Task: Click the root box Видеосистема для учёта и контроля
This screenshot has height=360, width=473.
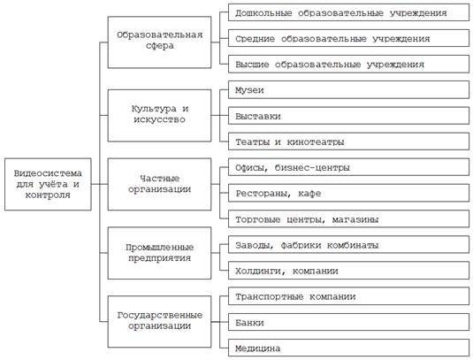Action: click(x=48, y=184)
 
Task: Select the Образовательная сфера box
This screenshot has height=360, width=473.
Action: click(x=159, y=42)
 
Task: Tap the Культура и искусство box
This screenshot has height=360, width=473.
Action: click(x=159, y=115)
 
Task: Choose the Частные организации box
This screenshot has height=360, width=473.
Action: click(x=159, y=184)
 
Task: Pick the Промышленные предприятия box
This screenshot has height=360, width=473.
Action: click(x=159, y=253)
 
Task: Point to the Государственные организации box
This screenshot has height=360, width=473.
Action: click(x=159, y=321)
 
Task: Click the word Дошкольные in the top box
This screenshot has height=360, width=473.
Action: click(x=263, y=13)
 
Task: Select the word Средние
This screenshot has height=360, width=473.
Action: click(x=255, y=39)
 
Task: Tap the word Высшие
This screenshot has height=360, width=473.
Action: click(x=252, y=65)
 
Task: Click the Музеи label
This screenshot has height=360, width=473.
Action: click(x=249, y=90)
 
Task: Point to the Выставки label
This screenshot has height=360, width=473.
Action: click(x=258, y=116)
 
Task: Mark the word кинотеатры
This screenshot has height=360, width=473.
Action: click(x=316, y=142)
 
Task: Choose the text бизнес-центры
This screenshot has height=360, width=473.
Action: click(x=312, y=167)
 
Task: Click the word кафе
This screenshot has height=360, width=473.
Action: click(x=309, y=194)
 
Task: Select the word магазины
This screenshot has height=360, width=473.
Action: click(x=355, y=219)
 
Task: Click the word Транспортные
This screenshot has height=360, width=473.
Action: click(x=270, y=297)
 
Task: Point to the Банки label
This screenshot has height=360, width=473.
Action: click(x=249, y=323)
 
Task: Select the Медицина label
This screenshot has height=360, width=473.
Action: click(x=258, y=349)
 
